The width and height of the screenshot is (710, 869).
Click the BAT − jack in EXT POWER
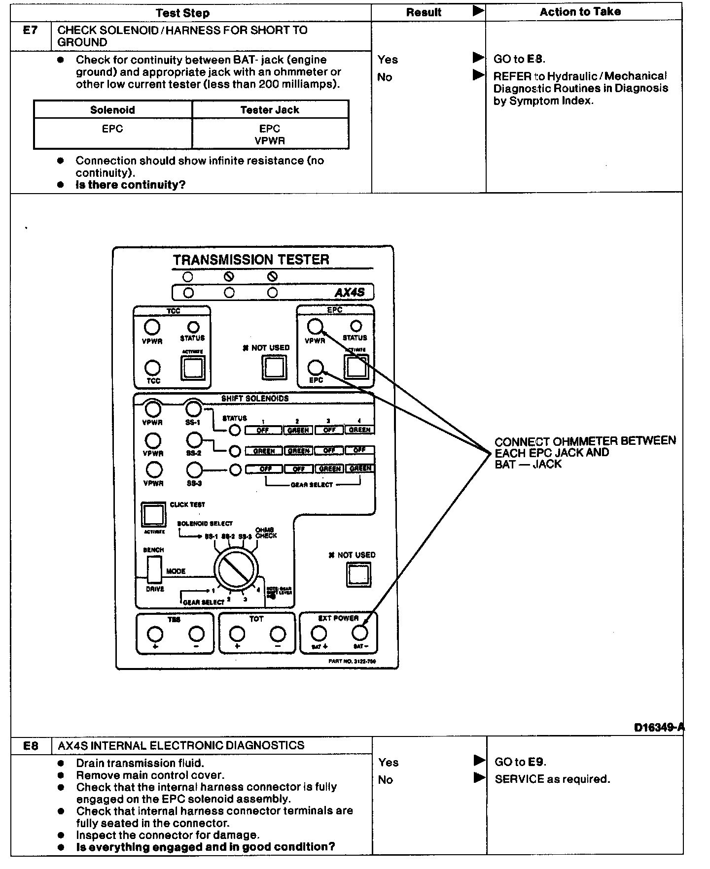pos(360,633)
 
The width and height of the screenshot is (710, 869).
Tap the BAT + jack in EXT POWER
pos(319,633)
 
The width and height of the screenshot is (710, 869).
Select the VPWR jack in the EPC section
pos(315,326)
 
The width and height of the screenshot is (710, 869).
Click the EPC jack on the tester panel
pos(316,368)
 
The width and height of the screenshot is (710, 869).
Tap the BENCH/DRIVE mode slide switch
pos(154,569)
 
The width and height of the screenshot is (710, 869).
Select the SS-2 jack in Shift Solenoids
pos(195,439)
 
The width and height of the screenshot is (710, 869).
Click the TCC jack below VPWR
pos(153,368)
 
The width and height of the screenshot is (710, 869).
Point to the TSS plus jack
pos(155,634)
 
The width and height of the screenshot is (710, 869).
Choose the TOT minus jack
pos(278,634)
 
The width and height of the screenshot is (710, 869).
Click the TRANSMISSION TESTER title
pos(251,260)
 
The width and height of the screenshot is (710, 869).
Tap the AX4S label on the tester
pos(350,292)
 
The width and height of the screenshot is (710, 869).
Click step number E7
pos(31,31)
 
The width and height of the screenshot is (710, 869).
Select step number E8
pos(31,745)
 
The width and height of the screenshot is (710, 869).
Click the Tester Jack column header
pos(270,110)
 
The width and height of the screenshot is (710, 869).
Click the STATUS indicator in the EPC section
pos(355,326)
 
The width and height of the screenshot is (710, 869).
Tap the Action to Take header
pos(580,12)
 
